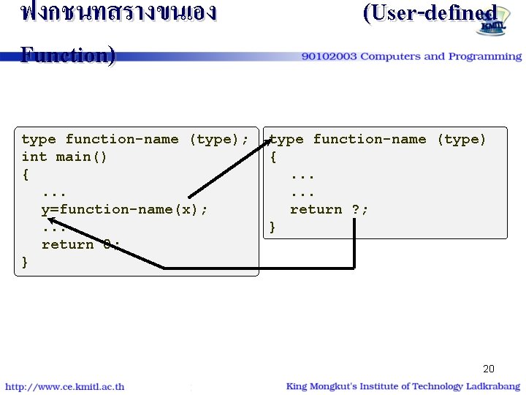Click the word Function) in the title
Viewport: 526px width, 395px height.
(68, 56)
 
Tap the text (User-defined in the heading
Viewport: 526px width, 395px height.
(430, 13)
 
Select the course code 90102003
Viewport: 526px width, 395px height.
(329, 56)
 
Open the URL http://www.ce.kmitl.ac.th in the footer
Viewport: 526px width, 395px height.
(65, 387)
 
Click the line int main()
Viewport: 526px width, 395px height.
(64, 157)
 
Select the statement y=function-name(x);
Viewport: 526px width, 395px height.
(124, 209)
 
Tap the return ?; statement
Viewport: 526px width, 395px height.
(329, 209)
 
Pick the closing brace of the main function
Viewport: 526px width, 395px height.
(26, 262)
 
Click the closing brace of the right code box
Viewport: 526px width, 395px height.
(273, 227)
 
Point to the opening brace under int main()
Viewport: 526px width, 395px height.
(26, 174)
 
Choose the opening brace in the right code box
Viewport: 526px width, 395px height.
(273, 157)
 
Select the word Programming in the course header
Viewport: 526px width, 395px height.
(485, 56)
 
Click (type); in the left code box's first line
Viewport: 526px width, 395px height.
(218, 139)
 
